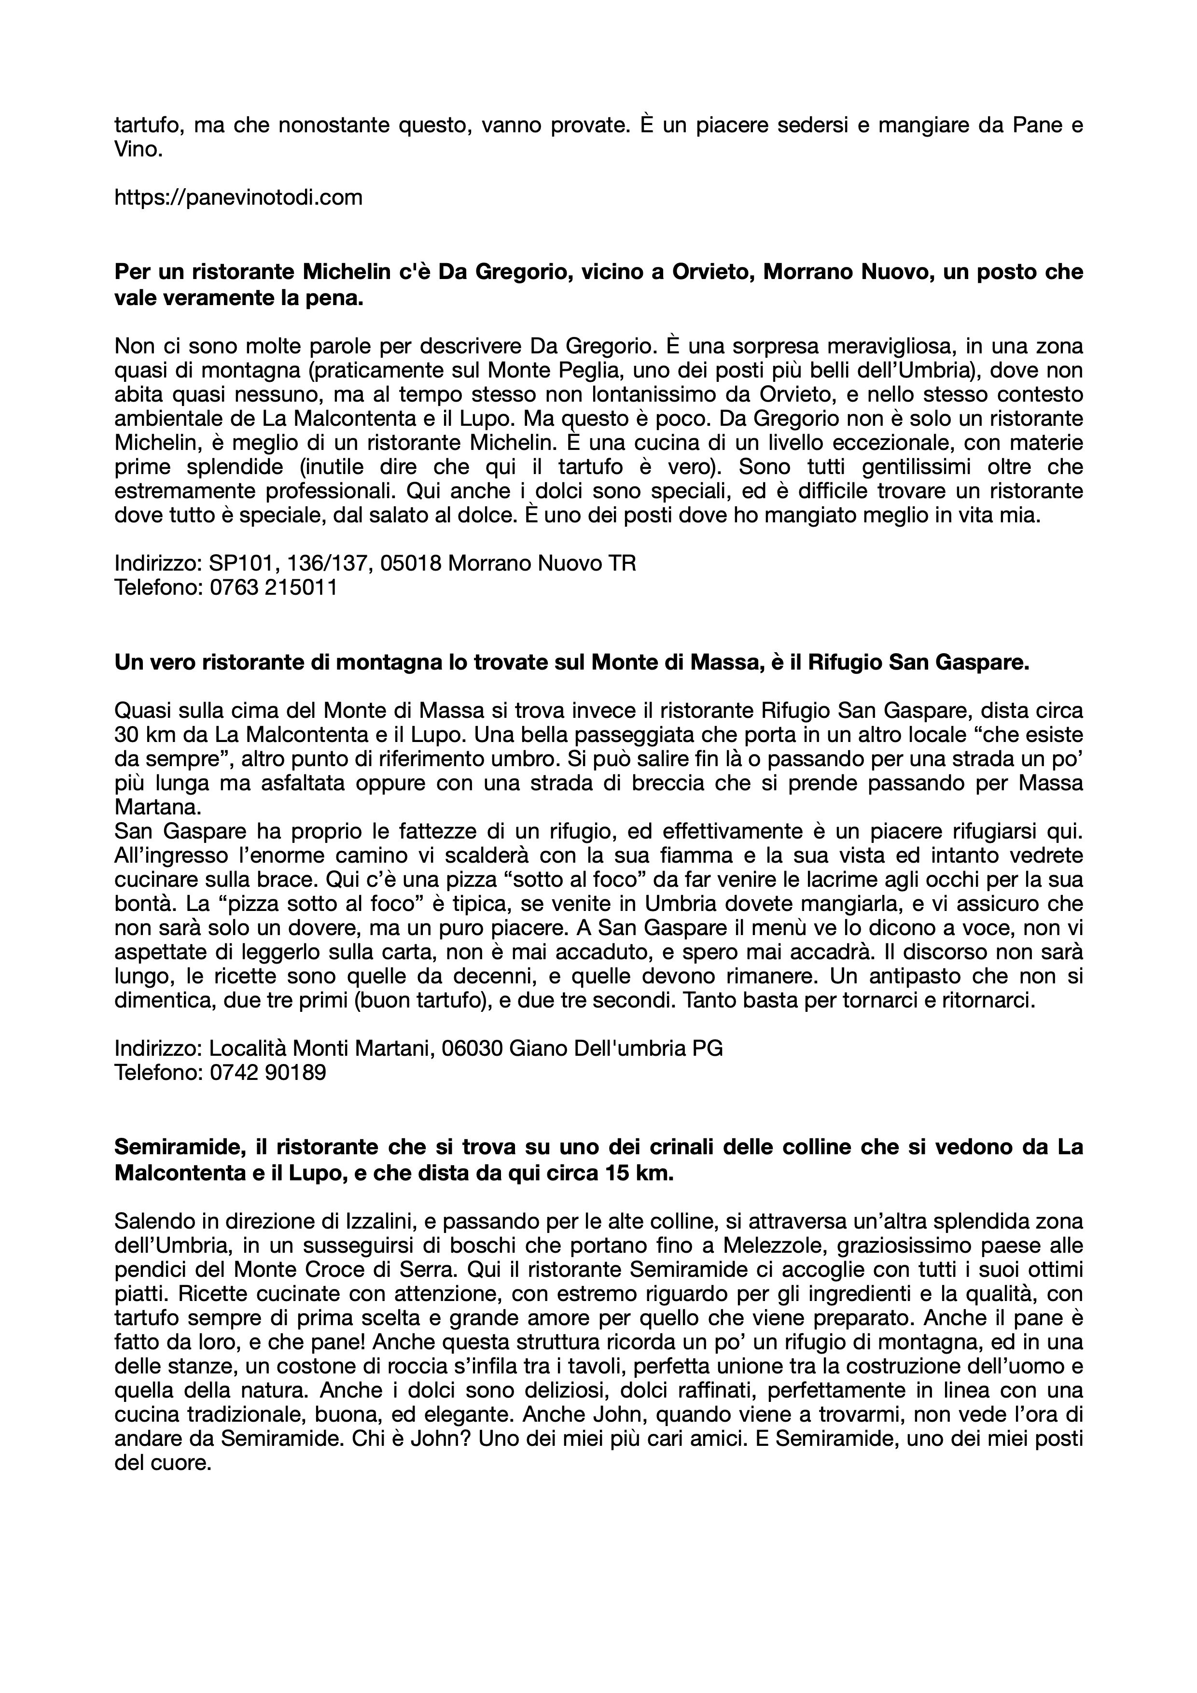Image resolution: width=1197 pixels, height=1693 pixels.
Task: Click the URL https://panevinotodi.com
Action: pos(238,197)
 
